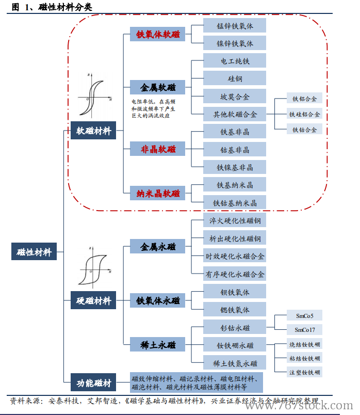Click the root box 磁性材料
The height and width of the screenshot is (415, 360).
[34, 252]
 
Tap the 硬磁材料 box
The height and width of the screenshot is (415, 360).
[93, 300]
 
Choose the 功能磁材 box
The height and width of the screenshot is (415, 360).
[93, 382]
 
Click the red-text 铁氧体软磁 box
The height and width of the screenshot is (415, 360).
[158, 34]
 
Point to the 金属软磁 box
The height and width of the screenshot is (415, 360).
[158, 88]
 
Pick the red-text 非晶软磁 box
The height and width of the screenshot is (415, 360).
[158, 149]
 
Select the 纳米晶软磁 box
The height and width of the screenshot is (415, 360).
[158, 194]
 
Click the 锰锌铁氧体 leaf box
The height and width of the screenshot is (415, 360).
[235, 25]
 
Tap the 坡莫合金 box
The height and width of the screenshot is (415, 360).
[235, 96]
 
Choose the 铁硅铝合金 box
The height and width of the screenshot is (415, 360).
[304, 114]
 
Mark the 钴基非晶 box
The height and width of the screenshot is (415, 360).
[235, 150]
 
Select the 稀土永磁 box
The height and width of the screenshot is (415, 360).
[158, 344]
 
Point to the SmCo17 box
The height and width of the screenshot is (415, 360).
[304, 330]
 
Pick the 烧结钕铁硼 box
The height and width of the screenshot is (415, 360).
[304, 344]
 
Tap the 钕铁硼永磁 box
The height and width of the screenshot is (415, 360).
[235, 344]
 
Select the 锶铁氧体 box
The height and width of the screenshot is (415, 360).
[235, 310]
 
